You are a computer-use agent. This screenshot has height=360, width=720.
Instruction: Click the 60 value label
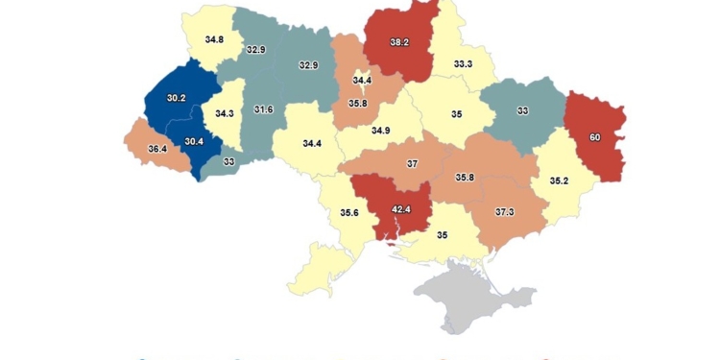(594, 138)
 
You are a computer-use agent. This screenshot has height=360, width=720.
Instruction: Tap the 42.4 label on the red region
(401, 210)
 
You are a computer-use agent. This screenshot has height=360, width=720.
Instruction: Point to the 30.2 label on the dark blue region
(178, 98)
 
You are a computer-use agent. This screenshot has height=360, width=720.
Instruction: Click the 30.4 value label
(194, 142)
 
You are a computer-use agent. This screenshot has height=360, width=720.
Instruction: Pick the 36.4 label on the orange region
(156, 150)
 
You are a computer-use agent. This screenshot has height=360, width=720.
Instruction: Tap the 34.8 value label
(214, 39)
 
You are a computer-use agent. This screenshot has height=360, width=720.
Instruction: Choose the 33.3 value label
(463, 64)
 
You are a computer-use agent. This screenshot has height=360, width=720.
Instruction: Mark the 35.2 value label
(559, 180)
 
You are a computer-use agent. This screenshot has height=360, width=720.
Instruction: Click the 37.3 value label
(506, 211)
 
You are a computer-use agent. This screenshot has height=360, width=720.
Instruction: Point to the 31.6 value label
(263, 109)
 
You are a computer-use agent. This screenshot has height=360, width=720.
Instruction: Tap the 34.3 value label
(225, 113)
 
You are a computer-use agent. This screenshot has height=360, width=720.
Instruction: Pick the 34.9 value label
(381, 130)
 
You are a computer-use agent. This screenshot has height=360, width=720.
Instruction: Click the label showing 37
(413, 163)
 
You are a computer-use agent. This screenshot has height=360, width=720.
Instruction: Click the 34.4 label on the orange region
(362, 81)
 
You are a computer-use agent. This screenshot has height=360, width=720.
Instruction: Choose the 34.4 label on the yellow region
(312, 143)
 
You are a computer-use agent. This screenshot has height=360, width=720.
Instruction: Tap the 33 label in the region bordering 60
(522, 110)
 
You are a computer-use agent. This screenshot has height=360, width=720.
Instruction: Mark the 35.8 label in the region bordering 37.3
(465, 178)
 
